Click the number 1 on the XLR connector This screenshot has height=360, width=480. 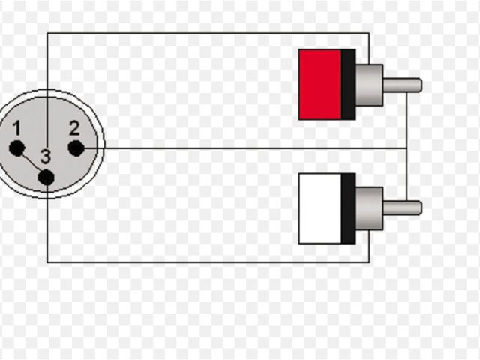[x=16, y=128]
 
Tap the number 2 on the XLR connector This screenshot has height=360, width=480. [x=73, y=127]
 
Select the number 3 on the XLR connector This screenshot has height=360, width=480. [x=46, y=157]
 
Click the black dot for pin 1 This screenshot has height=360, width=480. [x=16, y=148]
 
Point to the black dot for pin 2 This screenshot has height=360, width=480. [x=76, y=148]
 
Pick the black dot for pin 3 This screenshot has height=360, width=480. [x=46, y=178]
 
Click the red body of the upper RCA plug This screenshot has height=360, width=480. [x=319, y=85]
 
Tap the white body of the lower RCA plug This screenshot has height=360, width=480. [x=319, y=208]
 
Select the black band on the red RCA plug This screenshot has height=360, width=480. [x=348, y=85]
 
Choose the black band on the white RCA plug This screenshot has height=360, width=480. [x=348, y=208]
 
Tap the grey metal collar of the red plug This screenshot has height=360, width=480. [x=369, y=85]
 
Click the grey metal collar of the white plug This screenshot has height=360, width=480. [x=369, y=208]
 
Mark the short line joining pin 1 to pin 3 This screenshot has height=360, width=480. [x=31, y=163]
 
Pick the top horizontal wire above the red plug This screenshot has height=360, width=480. [x=210, y=33]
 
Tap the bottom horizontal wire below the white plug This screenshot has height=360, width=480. [x=210, y=262]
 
